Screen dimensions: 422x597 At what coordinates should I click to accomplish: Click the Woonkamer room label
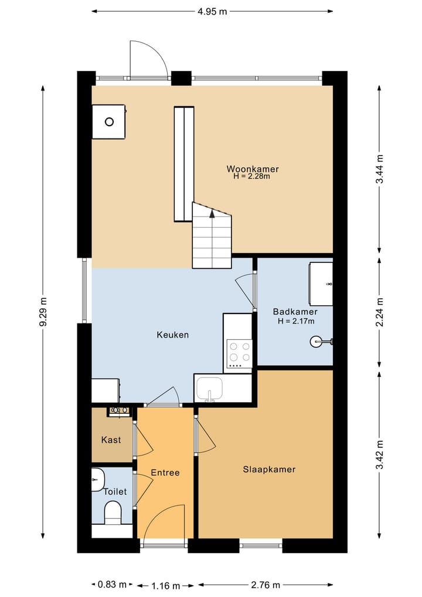tap(253, 168)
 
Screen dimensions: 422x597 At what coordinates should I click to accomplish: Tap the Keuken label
tap(172, 335)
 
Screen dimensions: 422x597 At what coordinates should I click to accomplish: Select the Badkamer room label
tap(295, 312)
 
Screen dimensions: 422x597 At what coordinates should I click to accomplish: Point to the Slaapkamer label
tap(269, 469)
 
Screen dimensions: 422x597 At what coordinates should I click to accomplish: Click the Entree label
tap(165, 473)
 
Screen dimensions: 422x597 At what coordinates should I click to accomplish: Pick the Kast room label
tap(111, 440)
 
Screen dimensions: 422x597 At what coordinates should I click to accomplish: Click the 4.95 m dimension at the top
tap(212, 11)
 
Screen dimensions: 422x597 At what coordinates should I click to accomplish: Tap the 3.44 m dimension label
tap(379, 170)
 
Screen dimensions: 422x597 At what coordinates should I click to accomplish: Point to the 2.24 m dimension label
tap(379, 312)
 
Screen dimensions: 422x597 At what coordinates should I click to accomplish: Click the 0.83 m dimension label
tap(112, 585)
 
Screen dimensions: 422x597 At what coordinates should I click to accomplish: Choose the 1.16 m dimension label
tap(165, 585)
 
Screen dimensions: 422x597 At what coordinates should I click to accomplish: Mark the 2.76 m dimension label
tap(266, 585)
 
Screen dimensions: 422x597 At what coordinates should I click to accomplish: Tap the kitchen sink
tap(209, 389)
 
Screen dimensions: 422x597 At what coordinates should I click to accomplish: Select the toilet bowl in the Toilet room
tap(113, 512)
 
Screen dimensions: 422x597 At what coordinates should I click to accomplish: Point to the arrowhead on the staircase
tap(212, 214)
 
